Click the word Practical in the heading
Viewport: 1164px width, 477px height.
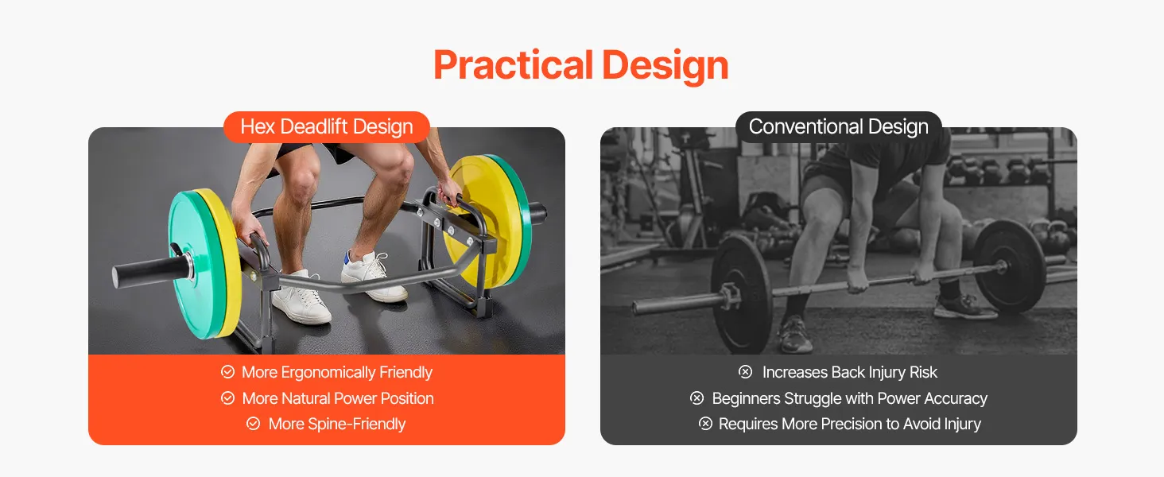point(513,66)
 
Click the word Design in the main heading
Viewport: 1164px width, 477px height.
point(665,66)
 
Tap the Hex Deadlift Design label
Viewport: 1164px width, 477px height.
point(326,126)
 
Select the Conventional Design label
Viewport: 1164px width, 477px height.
point(838,126)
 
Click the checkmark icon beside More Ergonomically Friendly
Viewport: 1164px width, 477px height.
point(227,371)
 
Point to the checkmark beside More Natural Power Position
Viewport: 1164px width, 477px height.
point(227,398)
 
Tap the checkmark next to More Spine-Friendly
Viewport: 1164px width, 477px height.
point(253,424)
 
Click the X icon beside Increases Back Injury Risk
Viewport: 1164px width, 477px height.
point(745,371)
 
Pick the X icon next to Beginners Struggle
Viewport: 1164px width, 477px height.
point(696,398)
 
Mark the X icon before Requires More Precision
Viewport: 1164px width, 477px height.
point(705,424)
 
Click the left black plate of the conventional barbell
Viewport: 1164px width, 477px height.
point(742,293)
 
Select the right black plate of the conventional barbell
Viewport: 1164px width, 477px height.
point(1009,266)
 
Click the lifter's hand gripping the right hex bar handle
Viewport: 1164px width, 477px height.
point(449,193)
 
